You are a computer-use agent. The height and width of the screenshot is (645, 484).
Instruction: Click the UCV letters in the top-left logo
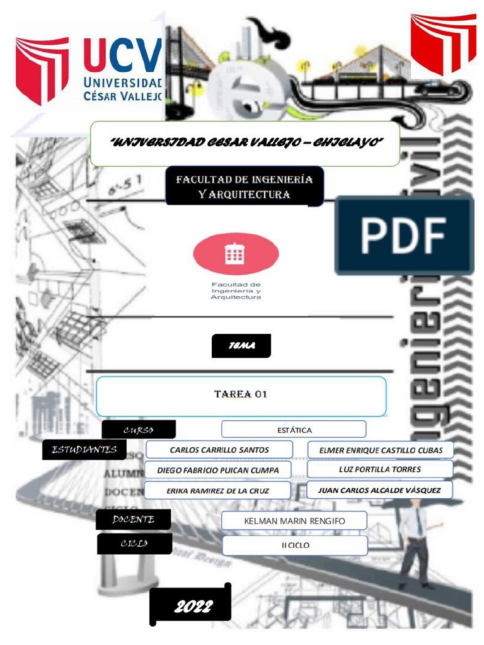point(122,55)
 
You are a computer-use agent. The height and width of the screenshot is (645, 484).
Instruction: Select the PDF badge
point(404,236)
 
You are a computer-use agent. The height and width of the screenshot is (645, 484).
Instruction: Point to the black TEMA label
point(241,346)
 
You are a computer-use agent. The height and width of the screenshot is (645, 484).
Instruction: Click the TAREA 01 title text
point(241,395)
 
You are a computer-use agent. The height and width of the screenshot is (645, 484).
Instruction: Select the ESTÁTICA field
point(294,430)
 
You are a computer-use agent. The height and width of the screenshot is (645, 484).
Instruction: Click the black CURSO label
point(139,430)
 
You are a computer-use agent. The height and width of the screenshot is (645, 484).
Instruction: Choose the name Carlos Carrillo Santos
point(219,450)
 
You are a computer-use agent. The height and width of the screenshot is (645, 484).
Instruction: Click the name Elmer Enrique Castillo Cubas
point(380,450)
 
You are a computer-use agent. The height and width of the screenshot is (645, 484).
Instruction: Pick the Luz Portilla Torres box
point(380,469)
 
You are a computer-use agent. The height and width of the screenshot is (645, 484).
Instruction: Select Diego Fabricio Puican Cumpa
point(219,470)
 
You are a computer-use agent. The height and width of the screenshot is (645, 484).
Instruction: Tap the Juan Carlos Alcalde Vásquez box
point(380,489)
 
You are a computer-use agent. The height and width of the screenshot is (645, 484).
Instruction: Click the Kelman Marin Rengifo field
point(294,521)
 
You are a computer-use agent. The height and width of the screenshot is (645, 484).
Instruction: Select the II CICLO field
point(294,545)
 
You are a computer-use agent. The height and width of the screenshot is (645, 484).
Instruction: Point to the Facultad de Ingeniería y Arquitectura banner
point(244,187)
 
